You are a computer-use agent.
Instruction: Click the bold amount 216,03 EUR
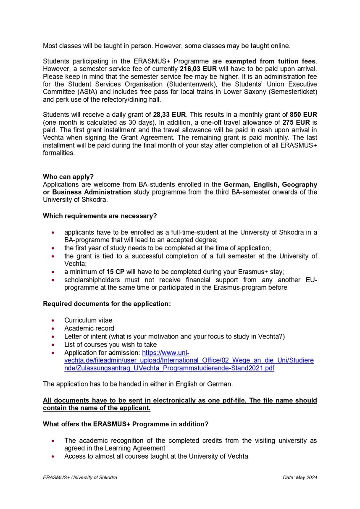click(198, 69)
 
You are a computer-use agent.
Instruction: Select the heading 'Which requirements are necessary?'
click(100, 216)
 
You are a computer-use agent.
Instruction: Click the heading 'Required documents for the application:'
click(107, 303)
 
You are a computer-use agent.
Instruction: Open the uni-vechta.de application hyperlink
click(189, 360)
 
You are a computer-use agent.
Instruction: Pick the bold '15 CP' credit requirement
click(115, 272)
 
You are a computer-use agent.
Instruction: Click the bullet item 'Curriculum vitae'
click(88, 320)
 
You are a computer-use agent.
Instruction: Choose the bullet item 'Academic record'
click(89, 328)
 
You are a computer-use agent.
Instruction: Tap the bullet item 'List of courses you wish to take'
click(110, 344)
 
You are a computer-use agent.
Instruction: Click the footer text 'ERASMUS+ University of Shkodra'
click(80, 478)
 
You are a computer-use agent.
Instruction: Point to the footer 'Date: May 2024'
click(300, 478)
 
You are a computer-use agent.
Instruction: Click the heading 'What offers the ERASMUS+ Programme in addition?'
click(126, 424)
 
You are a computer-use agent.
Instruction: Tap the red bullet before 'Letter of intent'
click(52, 336)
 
